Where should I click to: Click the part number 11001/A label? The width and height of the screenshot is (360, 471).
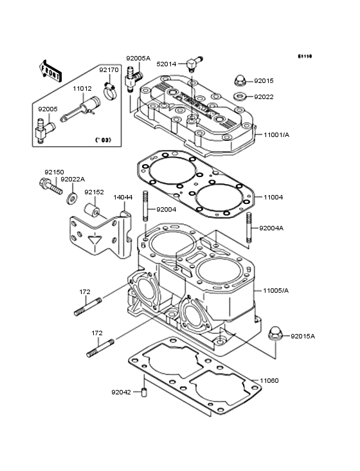click(276, 136)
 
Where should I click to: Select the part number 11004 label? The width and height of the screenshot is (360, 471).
click(273, 197)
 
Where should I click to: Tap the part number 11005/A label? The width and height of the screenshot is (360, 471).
click(276, 291)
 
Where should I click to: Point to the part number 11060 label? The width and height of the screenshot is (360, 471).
click(269, 380)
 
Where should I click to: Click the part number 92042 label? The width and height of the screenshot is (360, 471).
click(120, 391)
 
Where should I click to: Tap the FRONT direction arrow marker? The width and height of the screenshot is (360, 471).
click(51, 70)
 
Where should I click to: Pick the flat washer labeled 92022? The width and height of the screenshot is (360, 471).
click(239, 97)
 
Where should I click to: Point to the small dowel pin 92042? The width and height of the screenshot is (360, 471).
click(145, 392)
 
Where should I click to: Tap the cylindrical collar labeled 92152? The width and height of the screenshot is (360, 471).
click(92, 210)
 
